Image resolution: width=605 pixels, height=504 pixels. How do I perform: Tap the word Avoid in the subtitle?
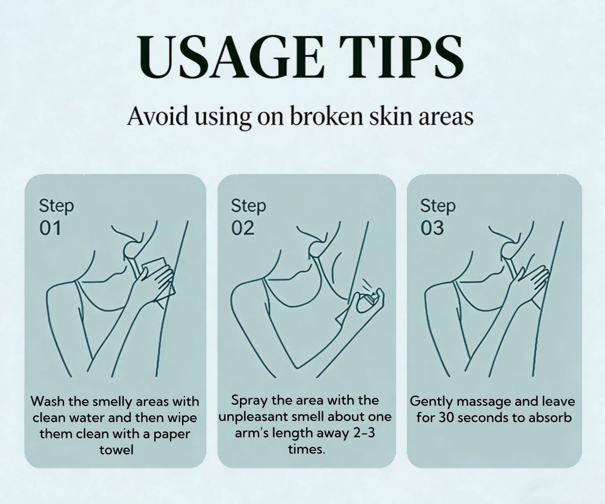point(157,116)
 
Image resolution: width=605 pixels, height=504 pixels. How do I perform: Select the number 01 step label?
point(50,228)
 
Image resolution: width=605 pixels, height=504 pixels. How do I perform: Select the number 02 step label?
point(243,228)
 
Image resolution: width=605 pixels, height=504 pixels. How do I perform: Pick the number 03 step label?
point(432,228)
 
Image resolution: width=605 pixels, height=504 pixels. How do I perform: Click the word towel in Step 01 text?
point(116,450)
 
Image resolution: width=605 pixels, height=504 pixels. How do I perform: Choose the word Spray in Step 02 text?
point(250,401)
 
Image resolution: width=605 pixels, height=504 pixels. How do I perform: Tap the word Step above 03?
point(438,206)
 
